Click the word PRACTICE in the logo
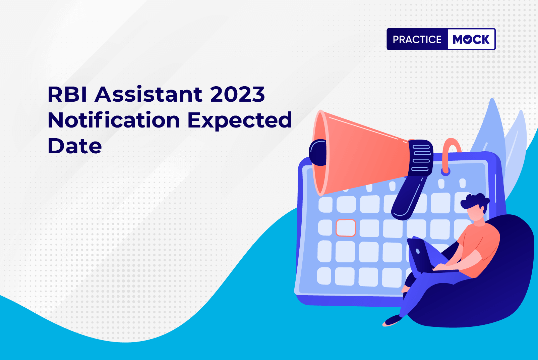417,39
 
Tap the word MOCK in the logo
471,39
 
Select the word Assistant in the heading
148,94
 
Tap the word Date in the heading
75,146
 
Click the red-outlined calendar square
346,228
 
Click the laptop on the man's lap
425,256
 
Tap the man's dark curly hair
474,202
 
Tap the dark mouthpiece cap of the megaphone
317,152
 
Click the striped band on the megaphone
421,158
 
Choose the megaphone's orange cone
360,154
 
